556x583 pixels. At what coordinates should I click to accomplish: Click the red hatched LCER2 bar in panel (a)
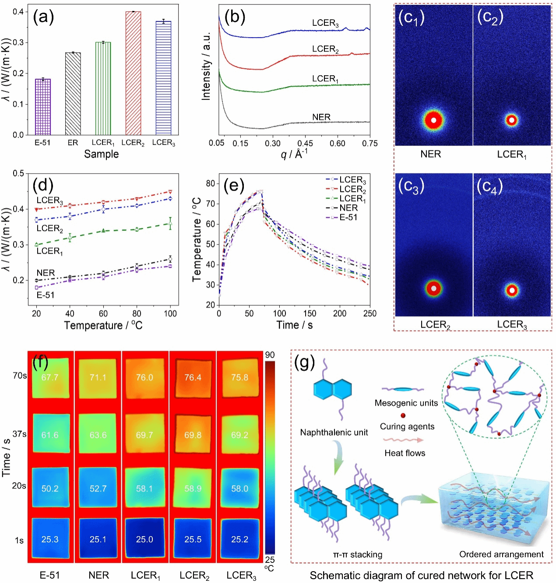(x=133, y=73)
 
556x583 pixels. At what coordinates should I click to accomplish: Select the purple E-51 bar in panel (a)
(x=43, y=107)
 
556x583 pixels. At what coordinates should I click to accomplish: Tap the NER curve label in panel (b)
(x=321, y=117)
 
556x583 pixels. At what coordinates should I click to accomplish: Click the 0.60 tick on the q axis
(x=338, y=144)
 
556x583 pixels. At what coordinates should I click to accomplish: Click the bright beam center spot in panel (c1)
(x=433, y=120)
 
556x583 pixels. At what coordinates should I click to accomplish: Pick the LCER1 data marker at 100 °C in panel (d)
(x=170, y=223)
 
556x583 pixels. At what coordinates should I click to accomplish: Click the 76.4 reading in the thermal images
(x=193, y=377)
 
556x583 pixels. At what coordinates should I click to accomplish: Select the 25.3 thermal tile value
(x=50, y=539)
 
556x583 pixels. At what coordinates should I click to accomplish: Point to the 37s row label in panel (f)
(x=19, y=434)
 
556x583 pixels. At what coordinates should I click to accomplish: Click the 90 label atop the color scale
(x=270, y=355)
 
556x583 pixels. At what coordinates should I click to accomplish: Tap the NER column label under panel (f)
(x=99, y=575)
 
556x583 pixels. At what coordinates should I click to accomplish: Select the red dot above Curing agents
(x=403, y=415)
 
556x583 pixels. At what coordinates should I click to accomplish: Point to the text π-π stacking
(x=358, y=554)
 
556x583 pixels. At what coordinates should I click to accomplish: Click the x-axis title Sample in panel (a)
(x=101, y=154)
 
